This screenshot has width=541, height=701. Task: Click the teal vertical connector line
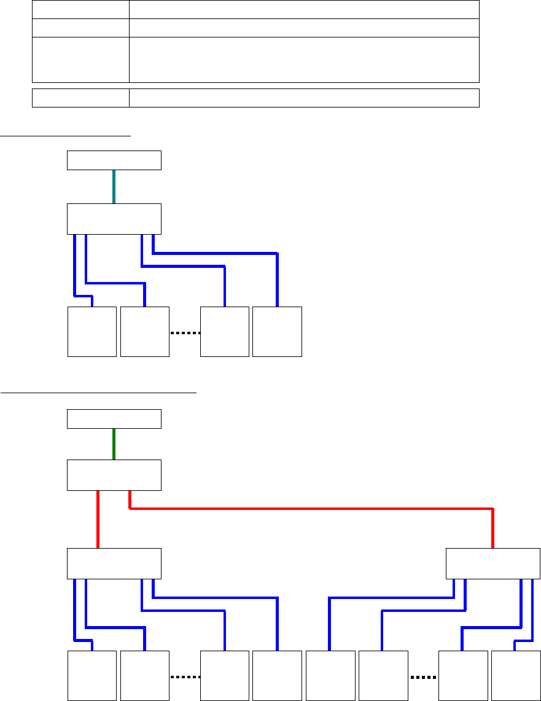(114, 186)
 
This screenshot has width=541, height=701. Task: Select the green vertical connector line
(114, 444)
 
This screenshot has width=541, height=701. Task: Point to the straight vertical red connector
(98, 519)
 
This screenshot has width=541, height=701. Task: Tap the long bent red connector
(307, 508)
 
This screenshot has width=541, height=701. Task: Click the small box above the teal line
(114, 160)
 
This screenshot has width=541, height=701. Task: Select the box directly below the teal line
(114, 219)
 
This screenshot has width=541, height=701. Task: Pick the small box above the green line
(114, 419)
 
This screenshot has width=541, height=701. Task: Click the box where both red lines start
(114, 475)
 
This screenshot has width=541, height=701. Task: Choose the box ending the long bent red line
(493, 563)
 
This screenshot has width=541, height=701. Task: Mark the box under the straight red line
(114, 563)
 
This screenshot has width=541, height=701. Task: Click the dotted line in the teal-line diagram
(185, 333)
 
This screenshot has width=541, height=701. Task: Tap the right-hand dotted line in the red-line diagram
(423, 677)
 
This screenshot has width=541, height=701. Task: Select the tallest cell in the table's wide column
(304, 60)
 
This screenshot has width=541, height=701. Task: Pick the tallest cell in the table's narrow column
(80, 60)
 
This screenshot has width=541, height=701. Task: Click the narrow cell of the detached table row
(80, 98)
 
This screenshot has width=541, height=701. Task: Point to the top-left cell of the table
(80, 9)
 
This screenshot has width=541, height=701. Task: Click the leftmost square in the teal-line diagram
(92, 331)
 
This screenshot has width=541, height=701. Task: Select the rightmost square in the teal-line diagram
(277, 331)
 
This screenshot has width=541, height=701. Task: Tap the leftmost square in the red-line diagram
(92, 676)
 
